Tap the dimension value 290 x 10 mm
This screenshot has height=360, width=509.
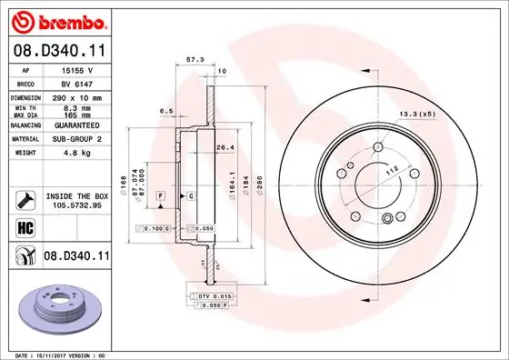click(77, 97)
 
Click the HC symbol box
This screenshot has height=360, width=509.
click(25, 227)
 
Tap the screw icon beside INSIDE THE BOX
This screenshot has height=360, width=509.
click(25, 199)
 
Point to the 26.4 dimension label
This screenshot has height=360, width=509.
click(225, 148)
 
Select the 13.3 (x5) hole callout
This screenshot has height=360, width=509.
click(416, 114)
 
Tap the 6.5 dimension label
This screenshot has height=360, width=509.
click(165, 111)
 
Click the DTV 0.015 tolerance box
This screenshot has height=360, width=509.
click(208, 296)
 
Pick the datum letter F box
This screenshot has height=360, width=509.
click(160, 195)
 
